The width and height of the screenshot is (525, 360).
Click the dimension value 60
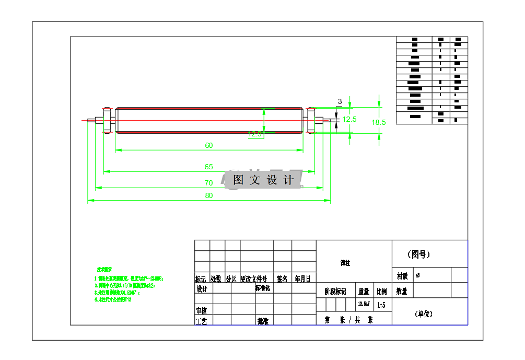coord(209,146)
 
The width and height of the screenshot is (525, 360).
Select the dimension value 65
coord(209,167)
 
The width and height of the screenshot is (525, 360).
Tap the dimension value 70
coord(209,183)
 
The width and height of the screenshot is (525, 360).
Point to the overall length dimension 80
coord(209,196)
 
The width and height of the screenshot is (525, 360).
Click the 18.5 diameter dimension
coord(379,122)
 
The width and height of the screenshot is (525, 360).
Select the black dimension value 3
coord(340,101)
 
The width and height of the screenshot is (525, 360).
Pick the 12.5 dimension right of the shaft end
coord(349,119)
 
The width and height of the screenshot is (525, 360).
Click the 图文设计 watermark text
coord(263,180)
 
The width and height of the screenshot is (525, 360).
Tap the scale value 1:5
coord(381,304)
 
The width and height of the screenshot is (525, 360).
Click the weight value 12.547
coord(364,304)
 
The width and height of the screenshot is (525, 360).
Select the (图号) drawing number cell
coord(419,254)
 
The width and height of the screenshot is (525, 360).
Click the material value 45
coord(418,275)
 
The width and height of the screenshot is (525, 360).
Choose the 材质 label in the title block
coord(402,275)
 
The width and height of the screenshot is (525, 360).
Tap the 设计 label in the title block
coord(202,289)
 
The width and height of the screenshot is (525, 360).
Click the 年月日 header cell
coord(302,279)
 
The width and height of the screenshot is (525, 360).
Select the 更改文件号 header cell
coord(254,279)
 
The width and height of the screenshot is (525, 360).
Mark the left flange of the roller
coord(107,121)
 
